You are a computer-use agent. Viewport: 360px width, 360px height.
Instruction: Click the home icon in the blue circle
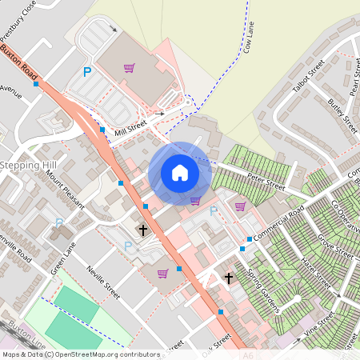180,173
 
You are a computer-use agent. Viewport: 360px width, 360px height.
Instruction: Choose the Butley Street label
342,114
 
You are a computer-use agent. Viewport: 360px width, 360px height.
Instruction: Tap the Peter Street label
266,185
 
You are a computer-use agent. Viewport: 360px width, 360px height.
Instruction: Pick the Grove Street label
335,243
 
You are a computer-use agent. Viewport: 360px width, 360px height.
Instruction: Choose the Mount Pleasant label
65,189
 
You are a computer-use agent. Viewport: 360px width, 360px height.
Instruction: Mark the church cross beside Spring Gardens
229,278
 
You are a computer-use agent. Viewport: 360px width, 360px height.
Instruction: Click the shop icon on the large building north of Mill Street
129,67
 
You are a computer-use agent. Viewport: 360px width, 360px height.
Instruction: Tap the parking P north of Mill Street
87,73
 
